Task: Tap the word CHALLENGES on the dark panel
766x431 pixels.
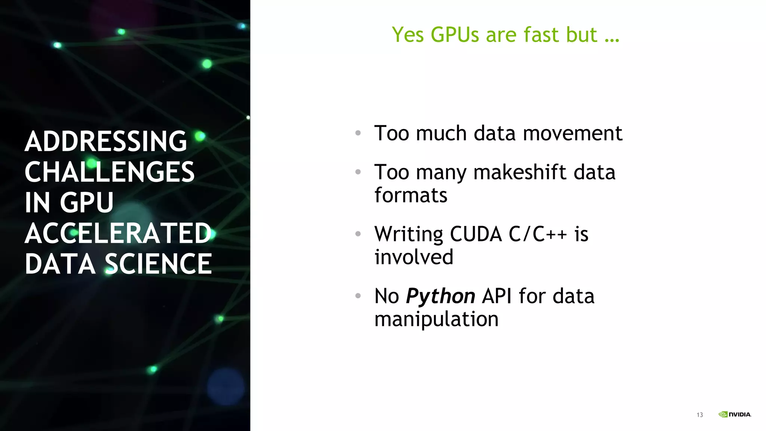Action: (110, 172)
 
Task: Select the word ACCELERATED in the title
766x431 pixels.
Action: (118, 233)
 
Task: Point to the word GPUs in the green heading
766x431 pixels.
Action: (454, 35)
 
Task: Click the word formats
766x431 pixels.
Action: (411, 196)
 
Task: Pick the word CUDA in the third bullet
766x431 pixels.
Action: (475, 234)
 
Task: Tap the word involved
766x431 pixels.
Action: (414, 257)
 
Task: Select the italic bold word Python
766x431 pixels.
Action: (440, 296)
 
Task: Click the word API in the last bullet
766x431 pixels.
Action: (497, 296)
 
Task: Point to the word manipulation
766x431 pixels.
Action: (436, 320)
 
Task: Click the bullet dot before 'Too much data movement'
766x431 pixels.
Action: (358, 133)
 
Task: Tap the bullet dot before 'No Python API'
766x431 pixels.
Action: (358, 296)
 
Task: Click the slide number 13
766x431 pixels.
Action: (700, 415)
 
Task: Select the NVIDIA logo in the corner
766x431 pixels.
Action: (735, 415)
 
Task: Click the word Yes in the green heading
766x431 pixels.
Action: (408, 35)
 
